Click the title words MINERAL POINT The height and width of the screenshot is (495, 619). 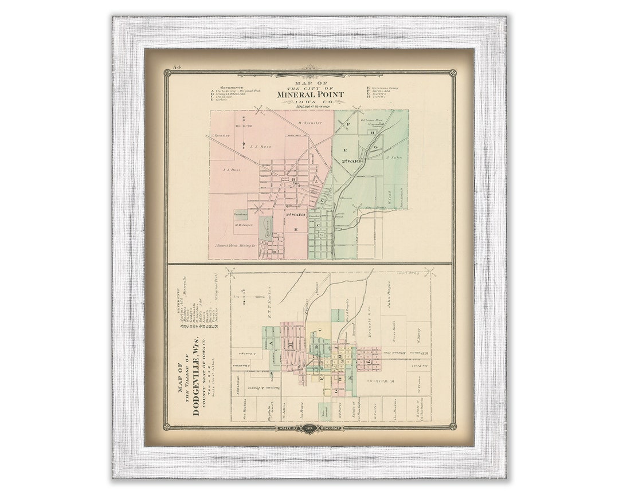click(309, 95)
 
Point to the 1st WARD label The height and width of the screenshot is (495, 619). click(295, 214)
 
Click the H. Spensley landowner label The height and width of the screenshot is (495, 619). click(310, 123)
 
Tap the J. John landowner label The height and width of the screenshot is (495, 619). click(392, 156)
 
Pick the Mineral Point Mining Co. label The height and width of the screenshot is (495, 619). click(235, 245)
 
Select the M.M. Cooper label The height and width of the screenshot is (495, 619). click(243, 225)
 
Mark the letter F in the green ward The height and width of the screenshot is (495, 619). click(348, 124)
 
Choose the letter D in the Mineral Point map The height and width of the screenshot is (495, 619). click(275, 251)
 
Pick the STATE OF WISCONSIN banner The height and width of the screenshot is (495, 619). click(309, 428)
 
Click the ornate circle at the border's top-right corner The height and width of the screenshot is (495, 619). click(452, 73)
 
